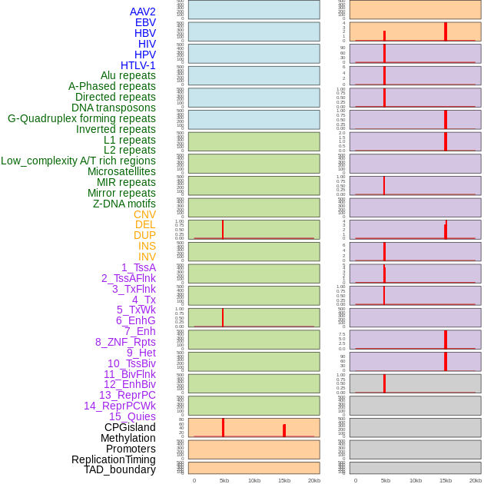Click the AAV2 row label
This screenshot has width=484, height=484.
coord(142,12)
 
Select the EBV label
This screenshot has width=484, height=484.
coord(145,22)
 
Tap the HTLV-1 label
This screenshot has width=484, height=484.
coord(138,65)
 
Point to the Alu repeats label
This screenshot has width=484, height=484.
coord(128,75)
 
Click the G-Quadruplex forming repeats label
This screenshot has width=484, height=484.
coord(81,118)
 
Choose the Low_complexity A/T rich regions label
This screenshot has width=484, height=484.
coord(78,161)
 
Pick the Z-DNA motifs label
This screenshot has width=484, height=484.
coord(124,204)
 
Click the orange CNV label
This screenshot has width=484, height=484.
coord(144,214)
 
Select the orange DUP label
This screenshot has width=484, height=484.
coord(144,235)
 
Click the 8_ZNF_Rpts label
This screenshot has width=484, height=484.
coord(125,342)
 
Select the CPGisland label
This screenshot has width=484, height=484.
coord(130,427)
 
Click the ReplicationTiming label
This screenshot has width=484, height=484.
coord(114,459)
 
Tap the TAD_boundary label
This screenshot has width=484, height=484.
coord(120,469)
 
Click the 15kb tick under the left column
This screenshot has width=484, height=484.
coord(284,480)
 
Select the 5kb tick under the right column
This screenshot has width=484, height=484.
coord(386,480)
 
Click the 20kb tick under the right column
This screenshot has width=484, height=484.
coord(476,480)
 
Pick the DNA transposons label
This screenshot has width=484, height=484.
coord(114,108)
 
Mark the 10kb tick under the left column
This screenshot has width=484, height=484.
coord(254,480)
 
